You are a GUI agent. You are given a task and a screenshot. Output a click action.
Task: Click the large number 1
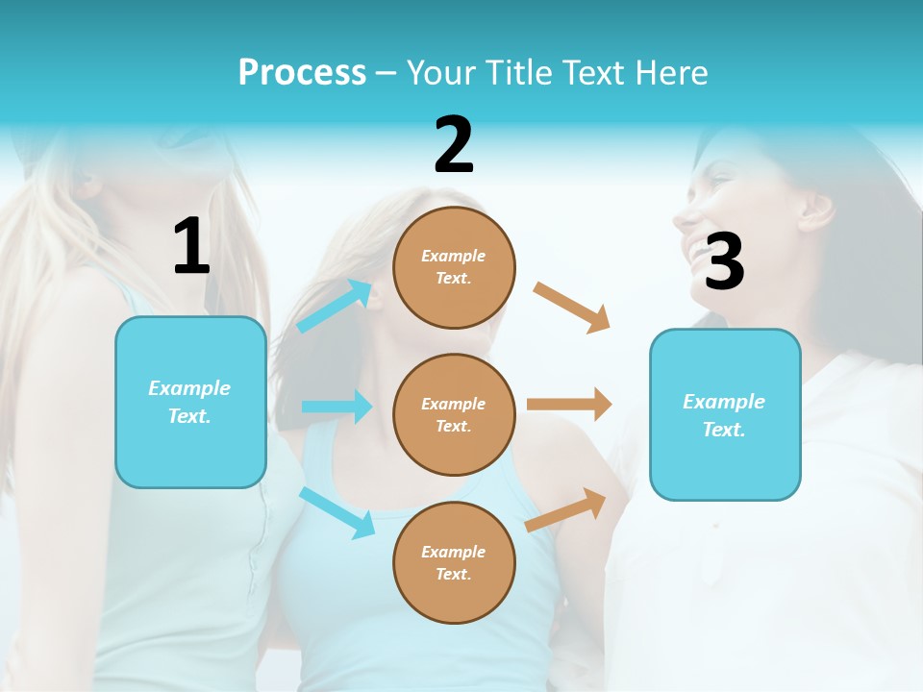tap(191, 246)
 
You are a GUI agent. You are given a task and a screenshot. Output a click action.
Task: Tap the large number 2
tap(454, 145)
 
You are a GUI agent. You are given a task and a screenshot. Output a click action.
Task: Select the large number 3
tap(724, 261)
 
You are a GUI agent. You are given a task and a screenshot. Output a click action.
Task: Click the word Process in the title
tap(302, 72)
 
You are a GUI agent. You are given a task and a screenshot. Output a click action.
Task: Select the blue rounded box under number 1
tap(190, 402)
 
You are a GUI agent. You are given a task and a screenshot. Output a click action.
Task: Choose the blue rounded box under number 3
tap(725, 415)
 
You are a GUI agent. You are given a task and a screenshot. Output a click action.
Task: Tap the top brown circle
tap(454, 267)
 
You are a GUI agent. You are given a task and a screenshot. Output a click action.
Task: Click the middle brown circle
tap(454, 415)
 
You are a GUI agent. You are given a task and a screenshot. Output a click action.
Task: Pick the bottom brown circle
tap(454, 563)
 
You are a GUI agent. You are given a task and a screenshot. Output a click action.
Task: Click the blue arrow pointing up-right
tap(335, 306)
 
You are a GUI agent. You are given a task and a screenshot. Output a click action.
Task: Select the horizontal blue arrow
tap(337, 407)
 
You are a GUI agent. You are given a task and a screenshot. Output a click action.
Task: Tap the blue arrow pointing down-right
tap(337, 511)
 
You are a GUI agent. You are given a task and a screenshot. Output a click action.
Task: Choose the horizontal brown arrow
tap(569, 405)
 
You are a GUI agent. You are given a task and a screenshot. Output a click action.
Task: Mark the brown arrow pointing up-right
tap(566, 510)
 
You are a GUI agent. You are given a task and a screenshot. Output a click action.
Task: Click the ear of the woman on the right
tap(815, 209)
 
